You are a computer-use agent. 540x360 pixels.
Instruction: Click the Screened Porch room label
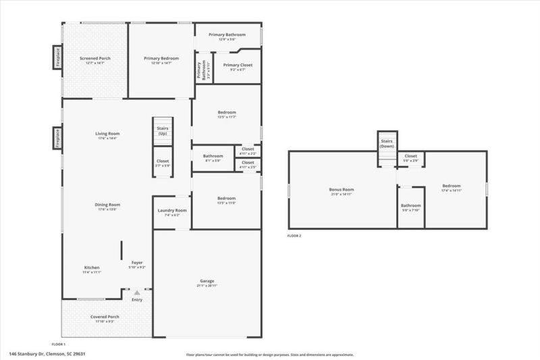point(95,59)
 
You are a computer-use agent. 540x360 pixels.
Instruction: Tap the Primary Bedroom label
point(161,59)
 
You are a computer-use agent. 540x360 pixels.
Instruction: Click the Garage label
point(207,280)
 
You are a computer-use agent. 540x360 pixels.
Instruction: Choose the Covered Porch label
point(105,316)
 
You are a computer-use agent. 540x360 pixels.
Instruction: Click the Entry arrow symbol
point(137,293)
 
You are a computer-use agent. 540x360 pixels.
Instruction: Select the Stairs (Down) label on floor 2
point(387,143)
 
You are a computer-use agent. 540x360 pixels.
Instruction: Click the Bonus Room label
point(342,190)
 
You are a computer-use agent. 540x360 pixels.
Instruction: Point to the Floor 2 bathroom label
point(410,206)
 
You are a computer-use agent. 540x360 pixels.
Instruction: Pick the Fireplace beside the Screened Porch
point(58,57)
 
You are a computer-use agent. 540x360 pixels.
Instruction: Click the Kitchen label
point(92,267)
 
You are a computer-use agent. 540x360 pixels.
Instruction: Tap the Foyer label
point(137,263)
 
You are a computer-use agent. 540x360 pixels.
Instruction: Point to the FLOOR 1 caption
point(59,344)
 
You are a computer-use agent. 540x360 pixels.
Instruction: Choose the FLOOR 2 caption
point(294,236)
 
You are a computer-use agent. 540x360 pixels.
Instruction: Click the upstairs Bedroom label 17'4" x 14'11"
point(451,186)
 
